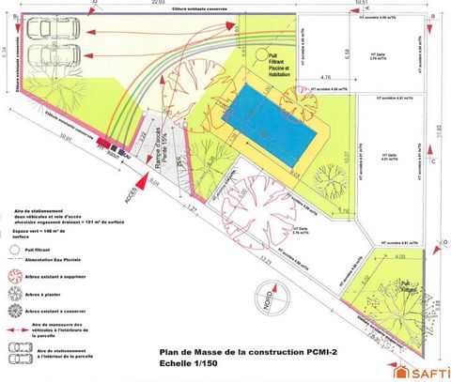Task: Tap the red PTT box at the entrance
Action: (112, 149)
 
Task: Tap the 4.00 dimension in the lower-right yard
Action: (398, 255)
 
